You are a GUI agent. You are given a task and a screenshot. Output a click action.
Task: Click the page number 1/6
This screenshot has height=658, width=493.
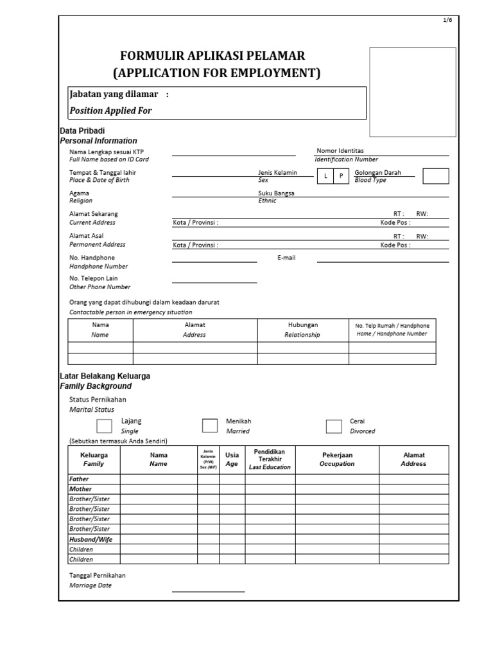(x=447, y=21)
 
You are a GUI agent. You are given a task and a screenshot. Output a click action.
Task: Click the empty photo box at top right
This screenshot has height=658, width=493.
(x=413, y=92)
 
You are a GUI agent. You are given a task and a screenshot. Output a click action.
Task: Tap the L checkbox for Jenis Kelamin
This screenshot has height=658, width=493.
(x=325, y=176)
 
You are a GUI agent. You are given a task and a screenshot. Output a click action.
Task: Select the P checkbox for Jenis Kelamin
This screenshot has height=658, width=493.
(x=342, y=176)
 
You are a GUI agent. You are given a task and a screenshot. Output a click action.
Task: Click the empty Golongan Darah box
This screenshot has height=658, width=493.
(x=437, y=176)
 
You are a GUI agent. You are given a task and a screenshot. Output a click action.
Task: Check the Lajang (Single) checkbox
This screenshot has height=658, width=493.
(x=104, y=426)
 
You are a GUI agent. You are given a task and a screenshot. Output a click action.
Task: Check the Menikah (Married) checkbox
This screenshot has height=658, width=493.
(x=210, y=426)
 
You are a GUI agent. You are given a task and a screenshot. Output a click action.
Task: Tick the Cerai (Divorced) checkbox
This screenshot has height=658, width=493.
(x=334, y=427)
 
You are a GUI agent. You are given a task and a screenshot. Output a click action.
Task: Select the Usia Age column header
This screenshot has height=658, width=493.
(x=232, y=459)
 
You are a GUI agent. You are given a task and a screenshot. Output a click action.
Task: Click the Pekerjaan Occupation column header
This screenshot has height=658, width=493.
(x=337, y=459)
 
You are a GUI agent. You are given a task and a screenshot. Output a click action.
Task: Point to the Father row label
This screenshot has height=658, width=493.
(x=79, y=479)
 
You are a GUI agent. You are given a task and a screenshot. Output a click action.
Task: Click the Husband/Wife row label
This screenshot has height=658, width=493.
(x=91, y=539)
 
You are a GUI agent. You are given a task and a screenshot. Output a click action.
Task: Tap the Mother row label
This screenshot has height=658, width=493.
(x=80, y=489)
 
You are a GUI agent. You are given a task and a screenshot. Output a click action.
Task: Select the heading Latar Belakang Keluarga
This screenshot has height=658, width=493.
(x=105, y=376)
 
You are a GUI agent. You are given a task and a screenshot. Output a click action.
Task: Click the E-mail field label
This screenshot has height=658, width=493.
(x=286, y=258)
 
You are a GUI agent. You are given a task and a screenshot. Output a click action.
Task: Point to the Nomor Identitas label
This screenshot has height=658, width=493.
(x=340, y=150)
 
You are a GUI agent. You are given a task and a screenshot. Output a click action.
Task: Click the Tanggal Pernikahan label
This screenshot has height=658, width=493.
(x=98, y=575)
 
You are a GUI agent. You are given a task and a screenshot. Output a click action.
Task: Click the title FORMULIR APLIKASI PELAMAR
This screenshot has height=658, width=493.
(x=216, y=56)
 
